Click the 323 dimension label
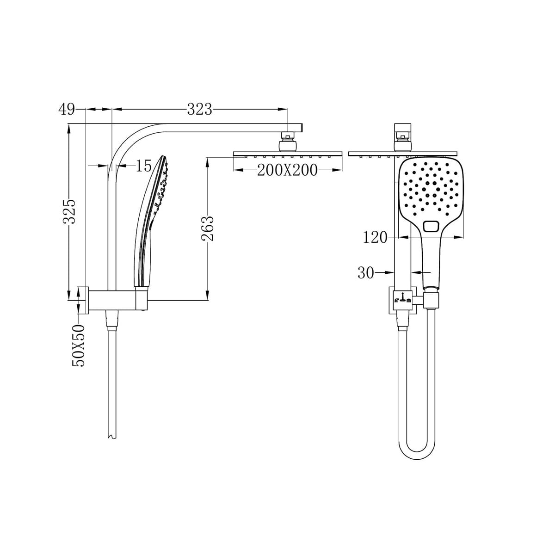[x=199, y=110]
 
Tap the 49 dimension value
[x=67, y=110]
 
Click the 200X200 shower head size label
[x=287, y=170]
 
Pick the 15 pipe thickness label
[x=143, y=166]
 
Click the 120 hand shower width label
[x=375, y=237]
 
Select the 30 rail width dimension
[x=365, y=272]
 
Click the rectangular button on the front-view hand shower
[x=431, y=226]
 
